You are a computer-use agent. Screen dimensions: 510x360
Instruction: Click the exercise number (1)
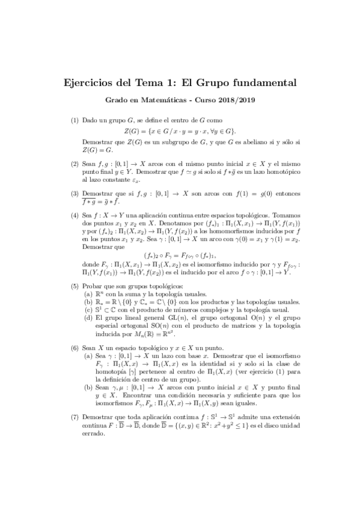(75, 120)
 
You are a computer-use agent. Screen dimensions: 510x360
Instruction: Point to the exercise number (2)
(75, 163)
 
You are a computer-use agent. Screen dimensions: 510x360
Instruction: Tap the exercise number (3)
(75, 193)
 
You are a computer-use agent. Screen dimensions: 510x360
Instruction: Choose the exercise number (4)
(75, 214)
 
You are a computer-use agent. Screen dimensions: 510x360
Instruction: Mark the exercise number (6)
(75, 348)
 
